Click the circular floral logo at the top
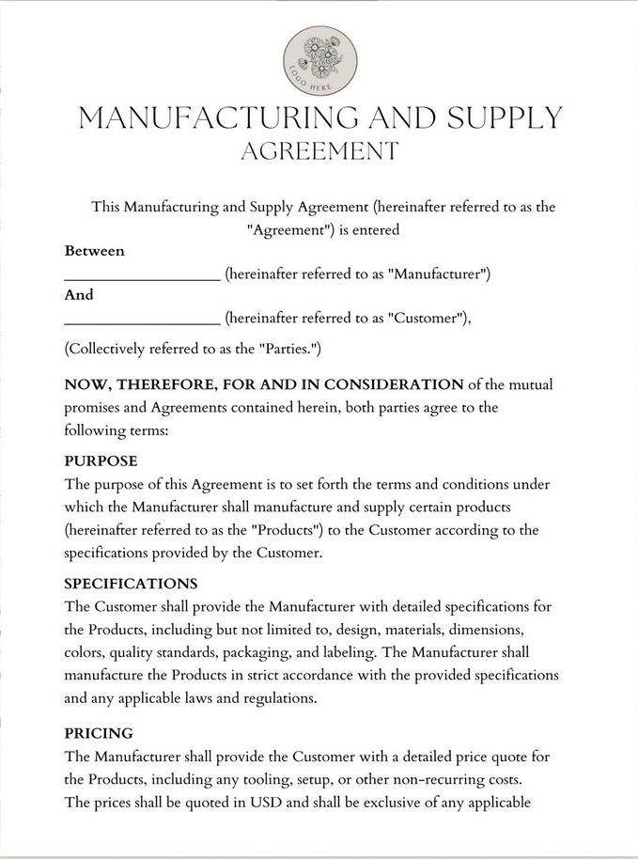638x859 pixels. pos(319,60)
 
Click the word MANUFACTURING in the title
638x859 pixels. pos(205,118)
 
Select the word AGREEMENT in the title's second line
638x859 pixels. pos(319,150)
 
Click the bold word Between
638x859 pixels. pos(94,251)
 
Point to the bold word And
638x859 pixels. pos(79,294)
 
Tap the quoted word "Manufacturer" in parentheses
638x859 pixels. pos(438,274)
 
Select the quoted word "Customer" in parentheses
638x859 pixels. pos(427,318)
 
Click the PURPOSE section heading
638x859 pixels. pos(101,461)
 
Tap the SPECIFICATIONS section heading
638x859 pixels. pos(131,584)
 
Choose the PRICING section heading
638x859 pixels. pos(99,732)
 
